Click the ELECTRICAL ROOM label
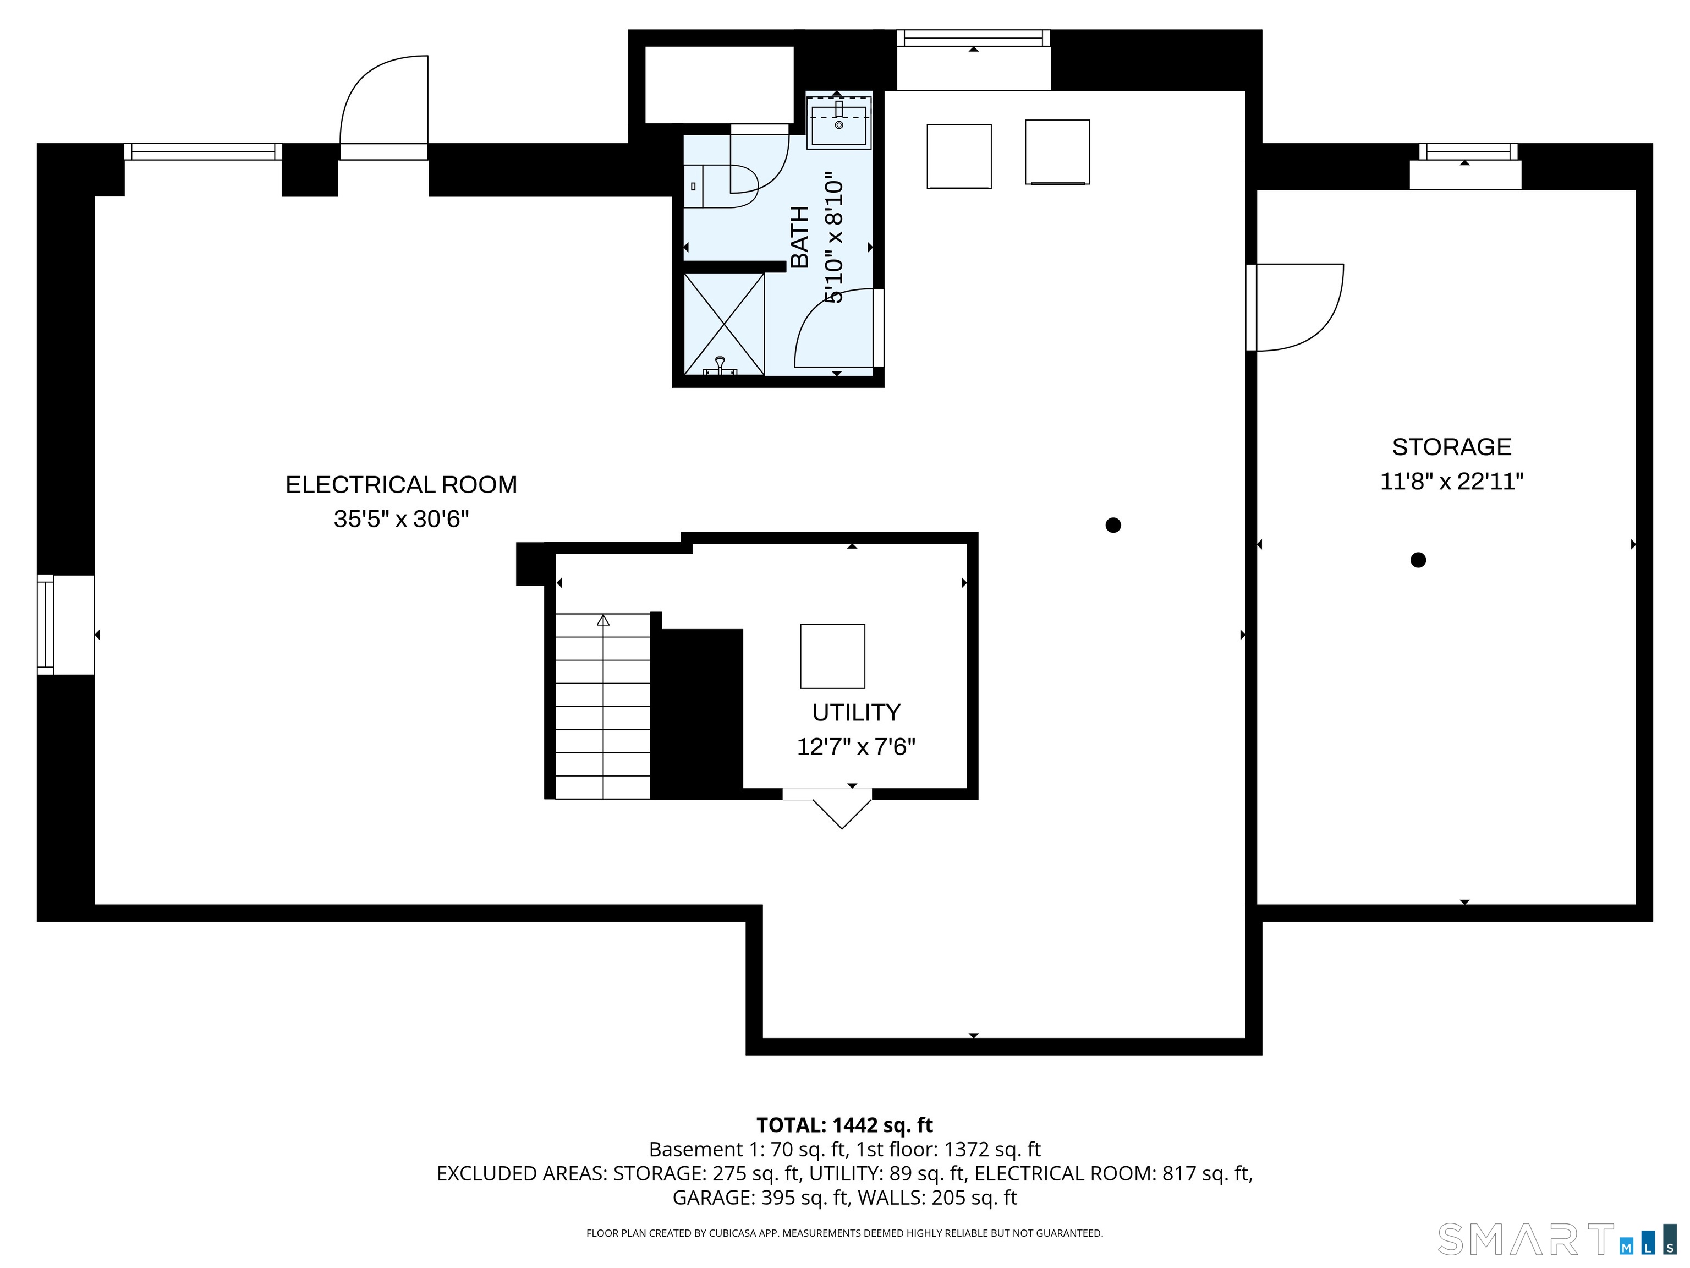tap(401, 484)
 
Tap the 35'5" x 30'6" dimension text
tap(401, 520)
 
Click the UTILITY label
tap(855, 712)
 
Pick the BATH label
tap(799, 237)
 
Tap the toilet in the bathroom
tap(718, 185)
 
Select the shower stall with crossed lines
tap(723, 324)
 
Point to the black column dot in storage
tap(1418, 560)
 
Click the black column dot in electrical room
tap(1113, 525)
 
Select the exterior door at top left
tap(383, 107)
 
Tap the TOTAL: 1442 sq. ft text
tap(844, 1125)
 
